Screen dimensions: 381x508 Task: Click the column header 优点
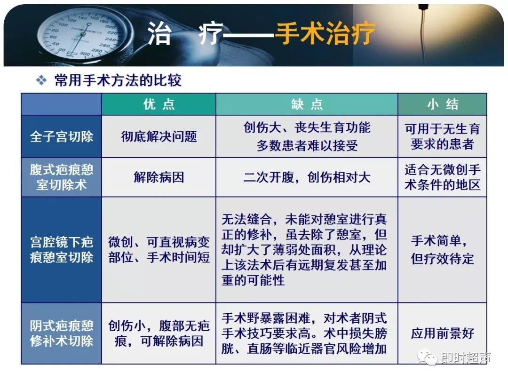click(159, 104)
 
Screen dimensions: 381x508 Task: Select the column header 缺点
click(307, 104)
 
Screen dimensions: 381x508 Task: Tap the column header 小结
click(442, 104)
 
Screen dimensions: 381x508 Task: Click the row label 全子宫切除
click(62, 136)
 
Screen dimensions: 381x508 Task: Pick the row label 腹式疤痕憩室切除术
click(62, 177)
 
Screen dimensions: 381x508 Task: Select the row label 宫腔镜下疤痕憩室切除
click(62, 250)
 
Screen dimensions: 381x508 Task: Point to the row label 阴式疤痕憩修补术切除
click(62, 333)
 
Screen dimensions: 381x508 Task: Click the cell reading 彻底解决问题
click(159, 136)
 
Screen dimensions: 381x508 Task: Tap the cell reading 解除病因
click(159, 177)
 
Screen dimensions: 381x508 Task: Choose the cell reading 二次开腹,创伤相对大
click(307, 177)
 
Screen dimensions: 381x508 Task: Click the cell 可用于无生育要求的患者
click(442, 136)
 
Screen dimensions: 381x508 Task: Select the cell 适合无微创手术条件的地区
click(442, 177)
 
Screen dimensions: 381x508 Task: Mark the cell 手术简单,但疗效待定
click(442, 250)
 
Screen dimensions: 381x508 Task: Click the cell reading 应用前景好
click(442, 333)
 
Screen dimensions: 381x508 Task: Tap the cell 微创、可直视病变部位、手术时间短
click(159, 250)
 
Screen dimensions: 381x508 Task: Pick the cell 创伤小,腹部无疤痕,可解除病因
click(159, 333)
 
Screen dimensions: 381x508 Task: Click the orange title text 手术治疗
click(325, 34)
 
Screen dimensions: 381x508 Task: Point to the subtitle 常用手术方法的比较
click(118, 80)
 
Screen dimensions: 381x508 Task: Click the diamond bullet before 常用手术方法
click(42, 80)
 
